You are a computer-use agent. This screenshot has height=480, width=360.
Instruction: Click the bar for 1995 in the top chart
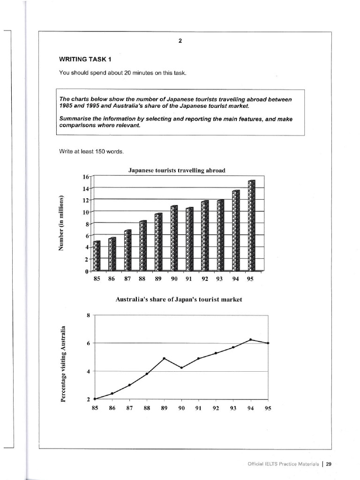click(252, 226)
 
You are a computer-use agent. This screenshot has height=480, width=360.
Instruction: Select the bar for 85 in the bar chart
click(97, 256)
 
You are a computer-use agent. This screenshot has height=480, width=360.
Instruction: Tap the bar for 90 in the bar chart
click(174, 239)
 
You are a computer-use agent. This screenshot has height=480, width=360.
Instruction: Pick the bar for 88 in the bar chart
click(143, 246)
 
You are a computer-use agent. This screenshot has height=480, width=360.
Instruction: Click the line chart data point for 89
click(164, 359)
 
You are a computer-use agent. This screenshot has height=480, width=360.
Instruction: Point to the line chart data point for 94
click(251, 339)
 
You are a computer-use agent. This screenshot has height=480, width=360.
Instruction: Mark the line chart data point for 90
click(181, 367)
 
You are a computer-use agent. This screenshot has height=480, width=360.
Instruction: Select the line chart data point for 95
click(268, 343)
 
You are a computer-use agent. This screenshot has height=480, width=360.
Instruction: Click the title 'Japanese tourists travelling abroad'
click(177, 171)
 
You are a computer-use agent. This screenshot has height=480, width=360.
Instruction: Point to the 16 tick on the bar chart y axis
click(85, 177)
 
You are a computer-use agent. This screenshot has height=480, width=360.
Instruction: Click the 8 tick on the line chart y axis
click(88, 315)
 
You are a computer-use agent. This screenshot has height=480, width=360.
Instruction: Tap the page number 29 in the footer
click(329, 464)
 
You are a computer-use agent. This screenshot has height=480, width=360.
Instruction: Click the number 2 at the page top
click(180, 40)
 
